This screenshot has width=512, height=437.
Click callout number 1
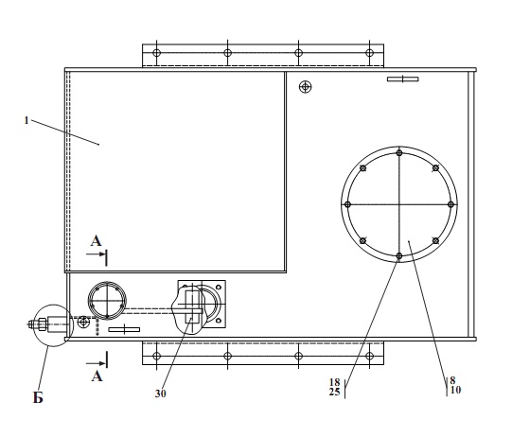tap(26, 121)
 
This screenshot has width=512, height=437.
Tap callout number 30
tap(160, 393)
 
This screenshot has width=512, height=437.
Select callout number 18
tap(335, 382)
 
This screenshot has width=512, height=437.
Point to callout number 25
tap(335, 392)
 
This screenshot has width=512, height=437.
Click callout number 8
tap(452, 380)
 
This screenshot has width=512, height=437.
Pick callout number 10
tap(455, 390)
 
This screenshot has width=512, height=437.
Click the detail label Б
tap(38, 398)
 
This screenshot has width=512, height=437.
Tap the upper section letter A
tap(96, 241)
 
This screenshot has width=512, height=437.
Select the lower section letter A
tap(97, 376)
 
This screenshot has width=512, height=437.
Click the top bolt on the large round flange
tap(399, 152)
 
